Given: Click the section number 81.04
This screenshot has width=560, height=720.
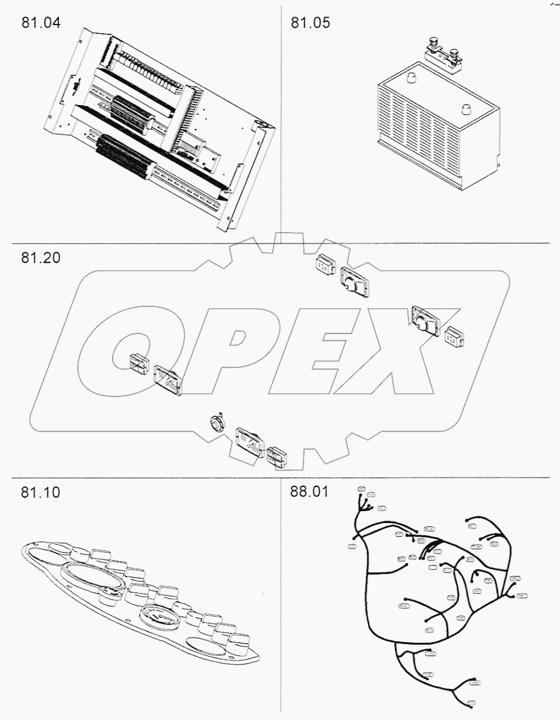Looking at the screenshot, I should (x=40, y=23).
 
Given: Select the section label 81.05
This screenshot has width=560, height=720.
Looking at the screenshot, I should (x=310, y=23).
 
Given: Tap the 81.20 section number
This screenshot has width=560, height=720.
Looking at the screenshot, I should (x=40, y=258).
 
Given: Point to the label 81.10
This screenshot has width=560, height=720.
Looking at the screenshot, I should (x=40, y=492).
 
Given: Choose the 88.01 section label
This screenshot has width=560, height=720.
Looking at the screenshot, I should (x=309, y=491).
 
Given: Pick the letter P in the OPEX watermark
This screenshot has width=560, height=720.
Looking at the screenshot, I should (x=228, y=351).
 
